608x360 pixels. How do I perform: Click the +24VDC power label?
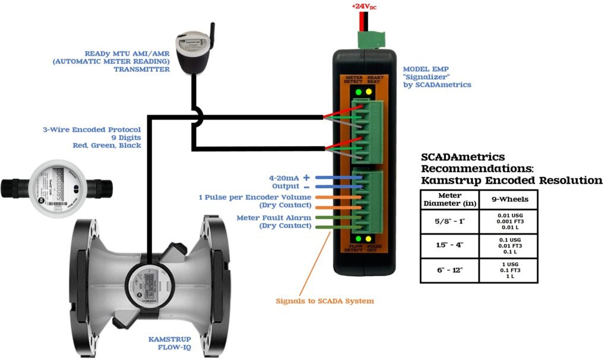tap(365, 7)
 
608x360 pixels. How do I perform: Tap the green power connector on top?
tap(371, 39)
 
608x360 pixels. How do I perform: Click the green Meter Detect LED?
tap(358, 93)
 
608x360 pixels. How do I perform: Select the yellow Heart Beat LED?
tap(369, 93)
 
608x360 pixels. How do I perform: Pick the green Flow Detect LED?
tap(358, 239)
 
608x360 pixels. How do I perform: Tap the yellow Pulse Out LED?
tap(369, 239)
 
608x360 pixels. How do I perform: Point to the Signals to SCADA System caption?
tap(325, 301)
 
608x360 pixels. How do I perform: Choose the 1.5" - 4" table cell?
tap(449, 246)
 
